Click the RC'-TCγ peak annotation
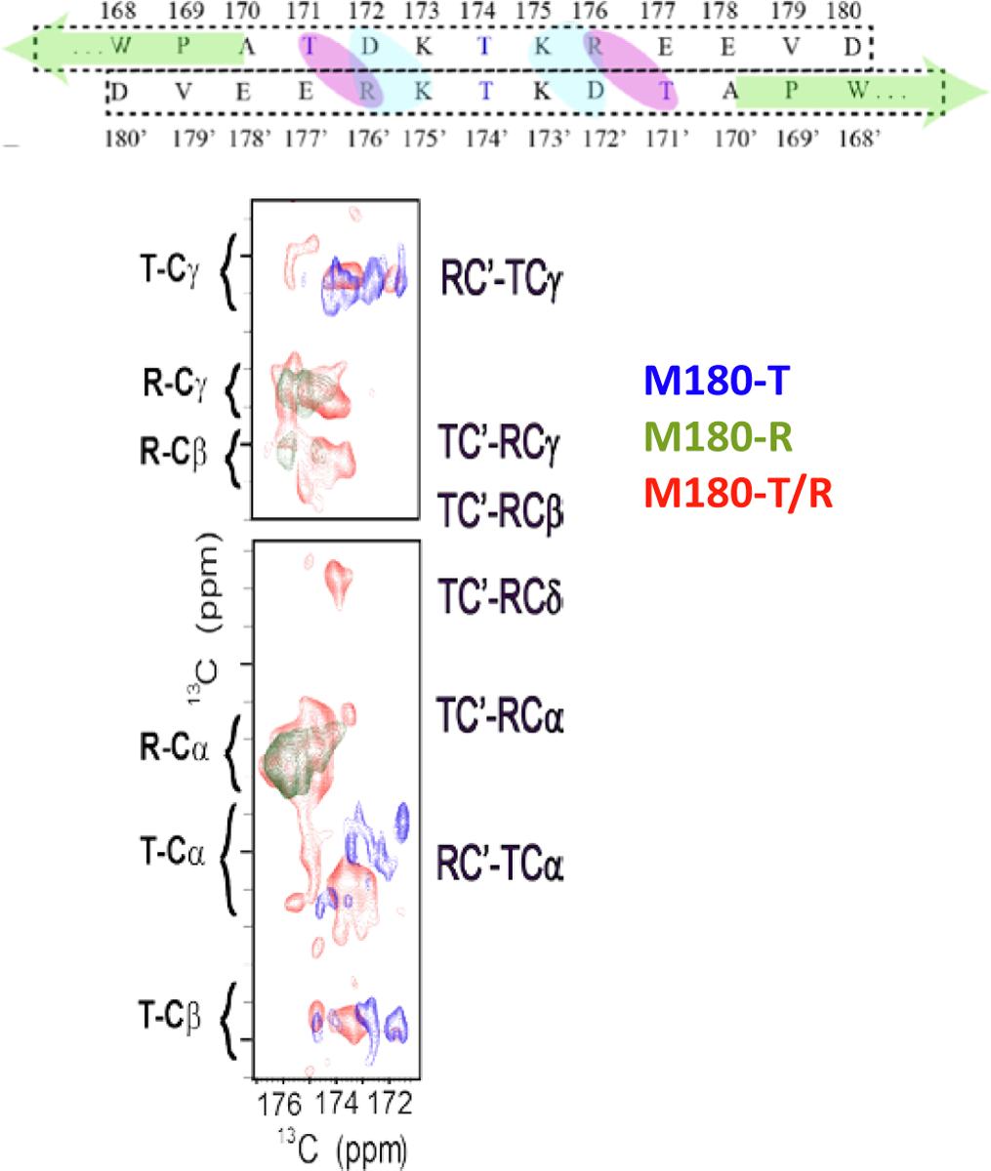pyautogui.click(x=504, y=279)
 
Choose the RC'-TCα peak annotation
pyautogui.click(x=501, y=864)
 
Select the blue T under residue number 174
pyautogui.click(x=484, y=45)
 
